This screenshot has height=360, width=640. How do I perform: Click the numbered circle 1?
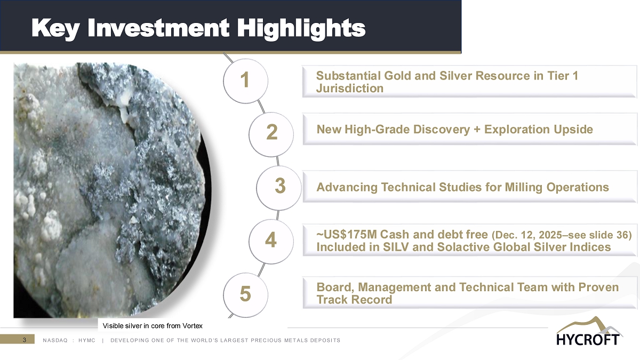(245, 81)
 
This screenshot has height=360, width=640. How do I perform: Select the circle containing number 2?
(271, 134)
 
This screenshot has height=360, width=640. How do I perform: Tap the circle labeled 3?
(279, 188)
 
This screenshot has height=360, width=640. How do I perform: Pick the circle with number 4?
(271, 242)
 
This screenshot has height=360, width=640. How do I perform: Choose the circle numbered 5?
(245, 295)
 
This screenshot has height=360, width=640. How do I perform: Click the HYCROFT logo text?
(588, 339)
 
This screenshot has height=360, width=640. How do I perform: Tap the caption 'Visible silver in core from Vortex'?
(153, 326)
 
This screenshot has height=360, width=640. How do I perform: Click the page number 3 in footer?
(25, 340)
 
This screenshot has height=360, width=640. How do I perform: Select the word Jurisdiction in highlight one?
(350, 89)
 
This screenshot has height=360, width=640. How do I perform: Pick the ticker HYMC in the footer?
(87, 340)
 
